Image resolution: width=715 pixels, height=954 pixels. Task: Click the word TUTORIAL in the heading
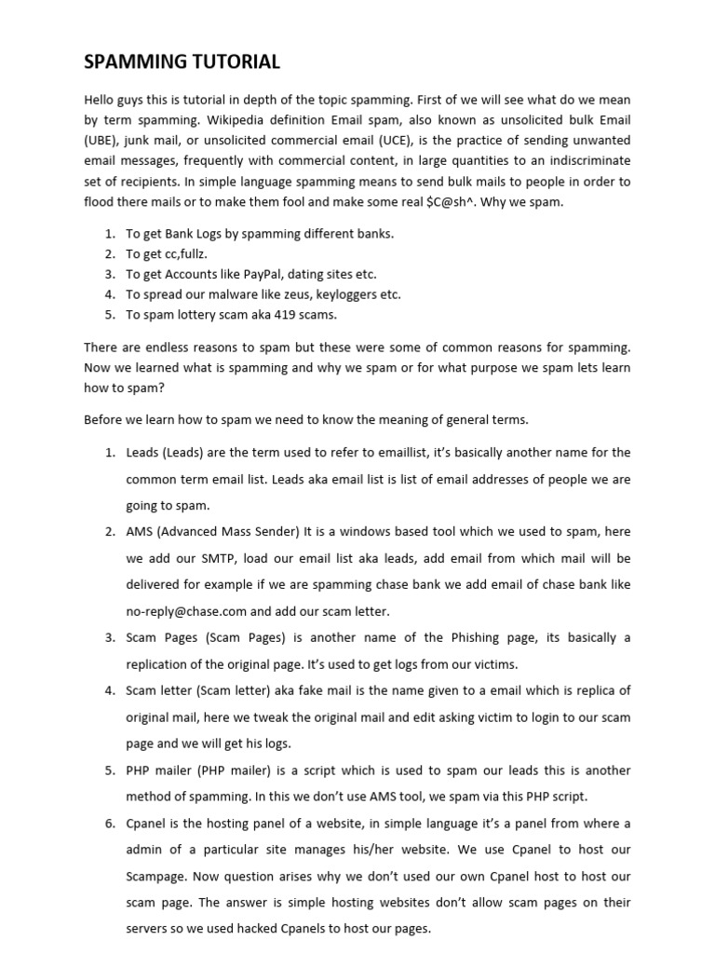point(236,62)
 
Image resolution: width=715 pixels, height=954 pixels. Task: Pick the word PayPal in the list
point(261,274)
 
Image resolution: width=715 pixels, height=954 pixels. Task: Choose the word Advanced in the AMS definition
point(192,531)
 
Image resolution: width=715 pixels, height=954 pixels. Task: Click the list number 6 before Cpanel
point(110,823)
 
